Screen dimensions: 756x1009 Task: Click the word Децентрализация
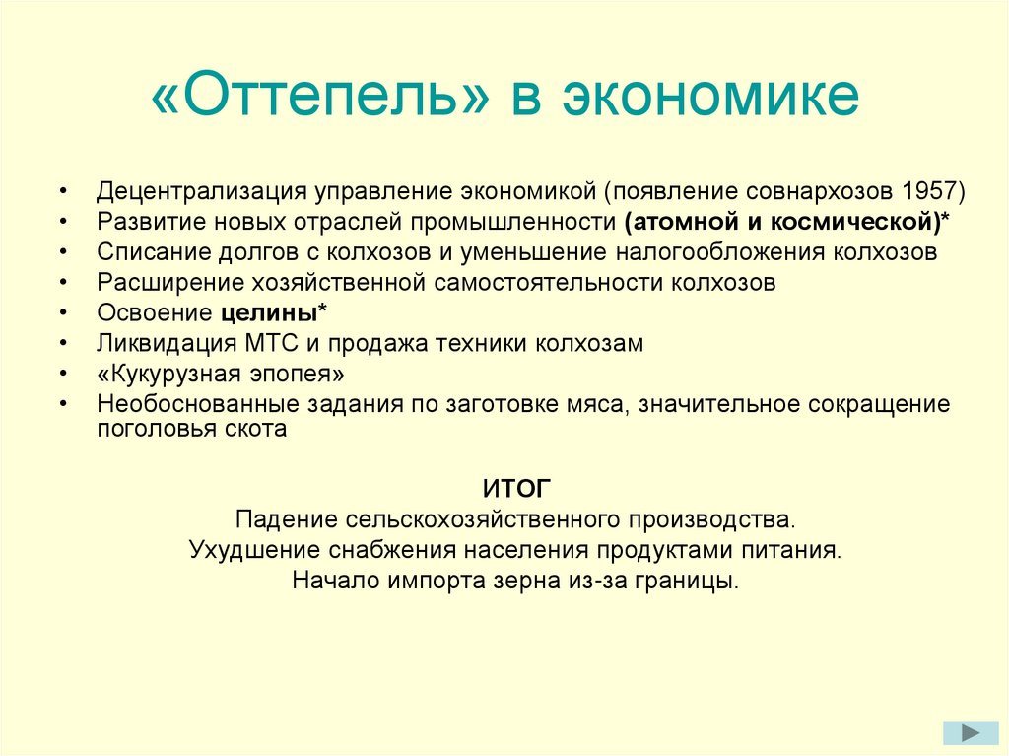point(201,190)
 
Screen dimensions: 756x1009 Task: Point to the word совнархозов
point(830,190)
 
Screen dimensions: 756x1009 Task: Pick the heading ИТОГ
point(517,488)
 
